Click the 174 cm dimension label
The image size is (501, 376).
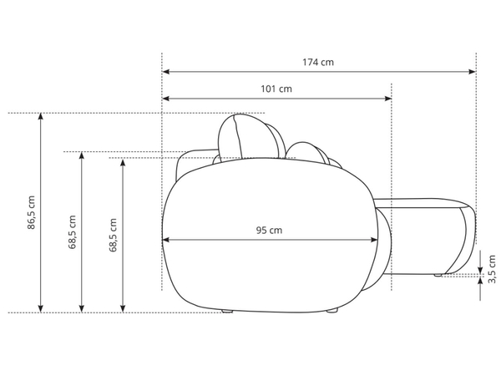(x=318, y=62)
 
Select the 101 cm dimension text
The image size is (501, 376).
(x=276, y=89)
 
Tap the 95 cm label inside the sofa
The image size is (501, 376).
(x=269, y=231)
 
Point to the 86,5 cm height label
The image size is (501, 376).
(x=32, y=212)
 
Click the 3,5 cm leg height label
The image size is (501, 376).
(x=492, y=269)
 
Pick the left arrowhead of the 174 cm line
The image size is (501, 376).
(x=166, y=72)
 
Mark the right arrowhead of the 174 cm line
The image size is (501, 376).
(x=473, y=72)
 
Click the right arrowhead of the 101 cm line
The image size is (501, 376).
(x=388, y=99)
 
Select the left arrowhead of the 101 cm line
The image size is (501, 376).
(x=166, y=99)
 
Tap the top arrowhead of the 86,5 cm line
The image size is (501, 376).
(x=40, y=117)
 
